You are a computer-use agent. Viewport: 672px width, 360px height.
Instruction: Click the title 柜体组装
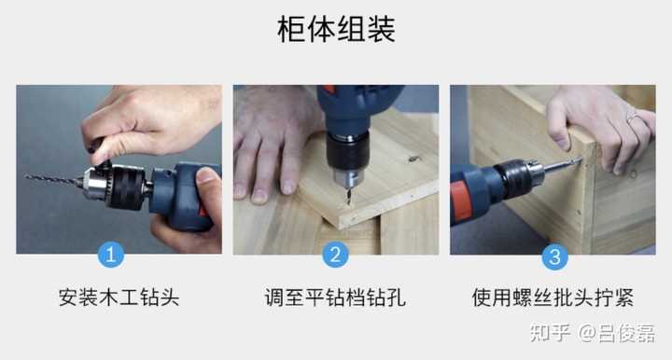(x=336, y=29)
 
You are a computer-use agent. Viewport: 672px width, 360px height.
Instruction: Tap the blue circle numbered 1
(x=112, y=255)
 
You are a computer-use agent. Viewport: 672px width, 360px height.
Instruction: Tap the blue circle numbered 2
(x=335, y=255)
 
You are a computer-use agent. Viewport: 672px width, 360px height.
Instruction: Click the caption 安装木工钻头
(x=119, y=298)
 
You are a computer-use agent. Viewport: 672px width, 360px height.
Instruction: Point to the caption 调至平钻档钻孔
(x=335, y=298)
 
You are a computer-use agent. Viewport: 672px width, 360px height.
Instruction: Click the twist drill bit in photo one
(x=51, y=179)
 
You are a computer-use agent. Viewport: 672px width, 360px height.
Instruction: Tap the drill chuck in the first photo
(x=112, y=185)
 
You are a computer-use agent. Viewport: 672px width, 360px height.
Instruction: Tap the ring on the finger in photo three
(x=632, y=117)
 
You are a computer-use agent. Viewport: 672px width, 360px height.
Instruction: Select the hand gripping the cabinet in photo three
(x=597, y=121)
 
